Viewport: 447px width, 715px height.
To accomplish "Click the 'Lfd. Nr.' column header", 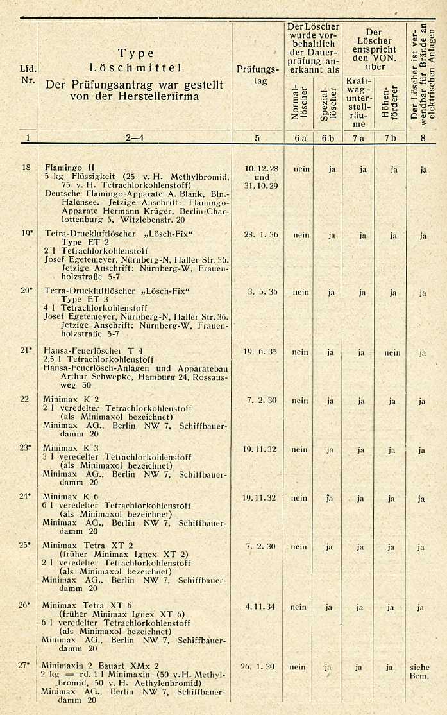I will (28, 74).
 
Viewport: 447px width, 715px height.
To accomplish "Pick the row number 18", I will (26, 168).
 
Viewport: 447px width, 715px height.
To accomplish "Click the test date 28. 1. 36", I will (261, 235).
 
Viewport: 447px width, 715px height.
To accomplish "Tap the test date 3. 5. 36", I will (261, 291).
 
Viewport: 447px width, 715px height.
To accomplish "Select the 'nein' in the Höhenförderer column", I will (392, 352).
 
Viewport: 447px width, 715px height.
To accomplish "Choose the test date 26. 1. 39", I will (258, 667).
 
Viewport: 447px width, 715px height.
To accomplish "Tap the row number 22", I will (24, 399).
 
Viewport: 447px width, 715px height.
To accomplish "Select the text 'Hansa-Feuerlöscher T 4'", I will (93, 350).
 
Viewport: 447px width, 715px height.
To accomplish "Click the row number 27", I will (24, 665).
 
